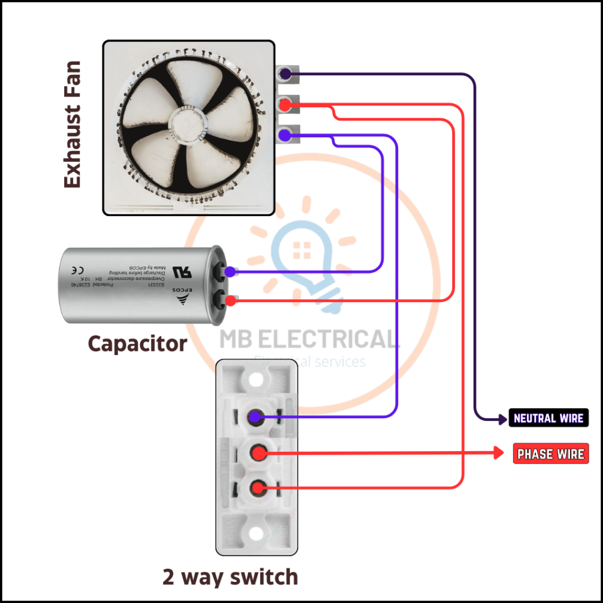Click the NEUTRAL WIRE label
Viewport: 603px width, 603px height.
tap(548, 418)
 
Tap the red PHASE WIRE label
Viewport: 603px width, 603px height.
tap(551, 454)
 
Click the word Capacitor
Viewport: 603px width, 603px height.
tap(137, 343)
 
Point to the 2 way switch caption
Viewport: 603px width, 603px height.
tap(230, 577)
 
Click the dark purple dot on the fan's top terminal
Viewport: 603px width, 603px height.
tap(284, 74)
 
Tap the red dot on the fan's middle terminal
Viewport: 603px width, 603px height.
tap(284, 105)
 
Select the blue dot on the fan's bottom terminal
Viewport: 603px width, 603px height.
tap(284, 135)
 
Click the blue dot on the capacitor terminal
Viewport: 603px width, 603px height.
tap(230, 272)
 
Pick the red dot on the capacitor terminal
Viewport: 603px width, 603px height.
tap(230, 300)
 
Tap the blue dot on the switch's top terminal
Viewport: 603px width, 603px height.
tap(255, 418)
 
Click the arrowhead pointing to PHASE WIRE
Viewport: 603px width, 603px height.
tap(499, 453)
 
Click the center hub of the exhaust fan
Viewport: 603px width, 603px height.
tap(188, 124)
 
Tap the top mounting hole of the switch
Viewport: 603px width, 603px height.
tap(254, 379)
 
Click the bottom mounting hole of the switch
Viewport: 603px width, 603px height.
tap(255, 534)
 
